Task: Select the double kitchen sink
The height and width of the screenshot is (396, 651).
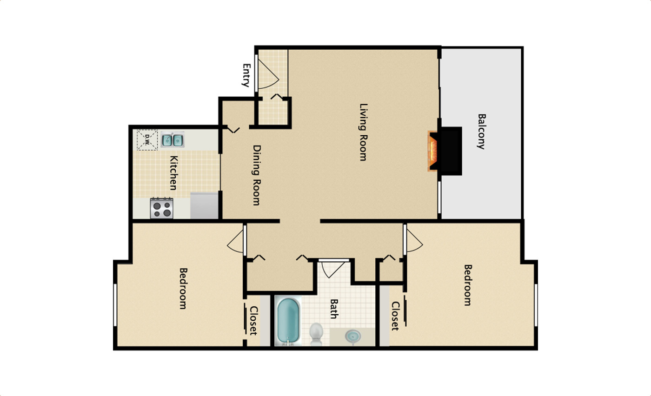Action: point(173,139)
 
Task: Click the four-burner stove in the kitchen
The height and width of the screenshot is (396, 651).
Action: point(162,207)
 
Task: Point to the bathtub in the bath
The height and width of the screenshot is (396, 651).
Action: point(287,321)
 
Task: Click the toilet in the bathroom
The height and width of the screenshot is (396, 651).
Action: point(316,333)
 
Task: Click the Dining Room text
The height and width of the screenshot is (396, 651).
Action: point(256,175)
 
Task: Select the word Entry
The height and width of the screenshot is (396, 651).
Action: point(246,75)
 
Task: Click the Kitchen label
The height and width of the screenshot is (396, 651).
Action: point(173,172)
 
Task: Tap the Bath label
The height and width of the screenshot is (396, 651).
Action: point(333,309)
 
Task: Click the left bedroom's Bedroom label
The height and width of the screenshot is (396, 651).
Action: point(183,288)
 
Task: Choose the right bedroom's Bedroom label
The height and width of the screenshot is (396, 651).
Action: point(467,285)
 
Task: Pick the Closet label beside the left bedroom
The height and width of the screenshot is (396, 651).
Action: point(253,320)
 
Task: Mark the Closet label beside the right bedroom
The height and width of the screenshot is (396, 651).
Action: point(395,316)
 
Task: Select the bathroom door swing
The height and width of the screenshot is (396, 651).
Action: point(333,269)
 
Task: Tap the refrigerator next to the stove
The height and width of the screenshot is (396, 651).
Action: point(204,205)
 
